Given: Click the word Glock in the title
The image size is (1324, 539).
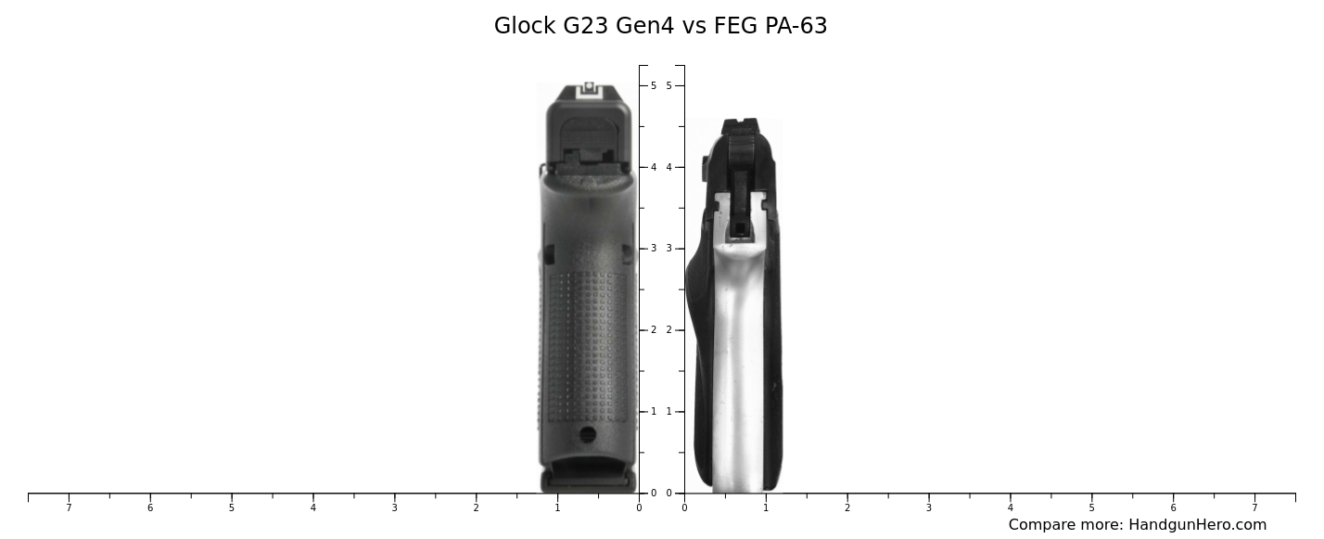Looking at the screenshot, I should coord(525,26).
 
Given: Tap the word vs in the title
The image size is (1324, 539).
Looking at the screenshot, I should coord(694,26).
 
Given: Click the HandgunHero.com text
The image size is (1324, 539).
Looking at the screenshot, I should coord(1197,525).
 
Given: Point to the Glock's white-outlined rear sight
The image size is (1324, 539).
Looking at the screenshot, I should coord(589,89).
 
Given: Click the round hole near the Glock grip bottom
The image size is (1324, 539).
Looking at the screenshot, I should coord(588,434).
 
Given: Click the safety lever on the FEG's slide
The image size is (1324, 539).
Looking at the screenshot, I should coord(706,168).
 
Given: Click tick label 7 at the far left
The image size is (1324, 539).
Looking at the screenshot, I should coord(69,507).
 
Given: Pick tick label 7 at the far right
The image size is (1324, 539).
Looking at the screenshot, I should coord(1254,507).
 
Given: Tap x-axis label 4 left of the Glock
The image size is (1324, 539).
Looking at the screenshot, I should coord(312,507).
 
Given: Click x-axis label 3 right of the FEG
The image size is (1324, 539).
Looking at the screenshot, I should coord(928,507).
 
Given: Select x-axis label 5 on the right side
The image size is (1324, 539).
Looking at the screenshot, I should coord(1091,507).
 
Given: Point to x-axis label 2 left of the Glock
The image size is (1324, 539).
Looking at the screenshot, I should coord(476,507).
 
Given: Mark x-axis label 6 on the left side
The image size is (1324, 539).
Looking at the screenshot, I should coord(150,507).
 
